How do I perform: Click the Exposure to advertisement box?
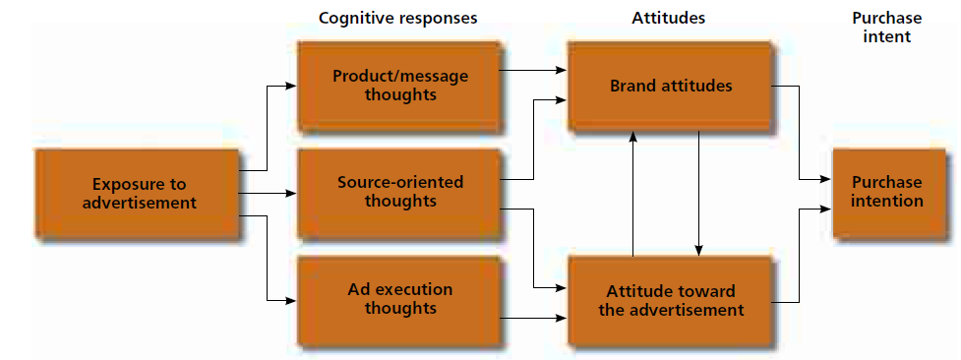(x=139, y=194)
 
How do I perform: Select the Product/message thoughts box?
(x=400, y=86)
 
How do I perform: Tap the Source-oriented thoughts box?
(x=400, y=192)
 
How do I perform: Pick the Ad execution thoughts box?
(x=400, y=299)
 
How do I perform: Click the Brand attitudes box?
(x=671, y=86)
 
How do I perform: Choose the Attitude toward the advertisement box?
(x=671, y=300)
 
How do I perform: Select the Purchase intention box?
(x=887, y=192)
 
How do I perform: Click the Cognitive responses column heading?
(x=398, y=18)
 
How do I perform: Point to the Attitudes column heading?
(x=670, y=18)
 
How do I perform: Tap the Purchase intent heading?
(x=885, y=27)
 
